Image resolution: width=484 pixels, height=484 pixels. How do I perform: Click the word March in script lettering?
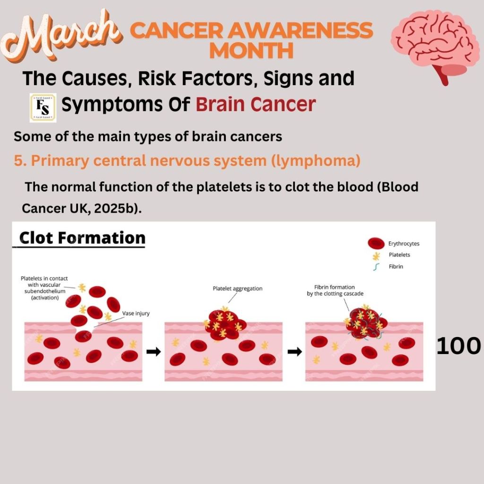pos(60,35)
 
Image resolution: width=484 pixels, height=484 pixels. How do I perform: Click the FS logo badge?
pos(43,107)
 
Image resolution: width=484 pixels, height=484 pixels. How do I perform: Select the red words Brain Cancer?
pos(256,104)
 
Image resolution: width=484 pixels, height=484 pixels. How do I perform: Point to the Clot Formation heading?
pos(82,238)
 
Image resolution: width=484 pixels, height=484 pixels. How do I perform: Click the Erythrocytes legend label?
pos(404,243)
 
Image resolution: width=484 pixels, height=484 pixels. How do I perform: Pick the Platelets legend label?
pos(399,255)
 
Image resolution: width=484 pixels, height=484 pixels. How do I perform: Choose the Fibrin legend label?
pos(396,267)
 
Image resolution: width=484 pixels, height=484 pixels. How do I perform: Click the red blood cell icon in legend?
pos(376,243)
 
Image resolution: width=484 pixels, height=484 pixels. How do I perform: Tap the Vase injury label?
pos(136,313)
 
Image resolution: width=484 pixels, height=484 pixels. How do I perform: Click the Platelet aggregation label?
pos(238,289)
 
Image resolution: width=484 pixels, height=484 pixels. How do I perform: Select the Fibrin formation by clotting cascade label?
pos(335,291)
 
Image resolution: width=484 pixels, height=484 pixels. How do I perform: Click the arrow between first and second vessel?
pos(154,352)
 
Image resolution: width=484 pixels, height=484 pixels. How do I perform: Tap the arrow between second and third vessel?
pos(295,352)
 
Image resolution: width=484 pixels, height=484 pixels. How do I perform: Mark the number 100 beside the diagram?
pos(458,346)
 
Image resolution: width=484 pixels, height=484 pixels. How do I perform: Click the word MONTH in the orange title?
pos(251,50)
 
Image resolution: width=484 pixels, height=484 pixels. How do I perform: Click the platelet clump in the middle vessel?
pos(225,324)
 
